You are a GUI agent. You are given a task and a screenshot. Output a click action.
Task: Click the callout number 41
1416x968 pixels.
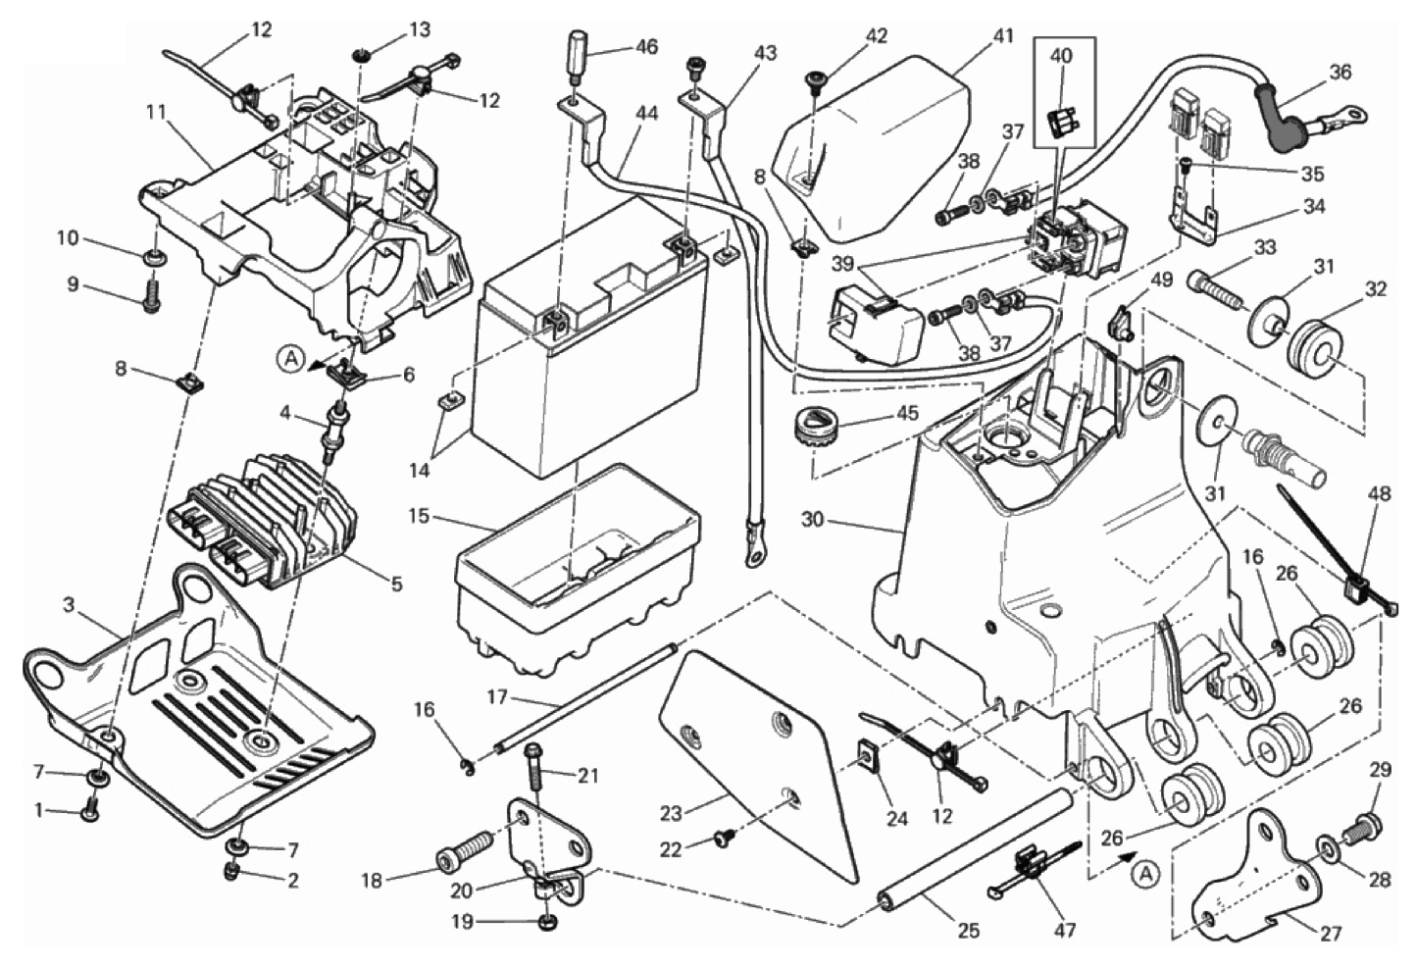click(1002, 36)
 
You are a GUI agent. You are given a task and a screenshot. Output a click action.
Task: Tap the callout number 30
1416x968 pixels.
click(812, 520)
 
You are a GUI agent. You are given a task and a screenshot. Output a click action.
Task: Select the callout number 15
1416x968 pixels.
click(419, 515)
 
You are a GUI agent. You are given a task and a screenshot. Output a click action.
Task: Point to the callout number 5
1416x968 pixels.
click(396, 585)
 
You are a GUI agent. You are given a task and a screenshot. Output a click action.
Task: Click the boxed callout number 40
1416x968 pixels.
click(1061, 56)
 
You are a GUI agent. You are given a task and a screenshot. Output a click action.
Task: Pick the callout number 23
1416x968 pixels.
click(670, 813)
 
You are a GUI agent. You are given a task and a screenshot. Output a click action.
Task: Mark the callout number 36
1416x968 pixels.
click(1340, 72)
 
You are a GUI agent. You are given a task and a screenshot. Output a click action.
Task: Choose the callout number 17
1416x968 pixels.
click(497, 697)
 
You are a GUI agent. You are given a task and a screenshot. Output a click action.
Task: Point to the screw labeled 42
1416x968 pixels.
click(814, 81)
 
